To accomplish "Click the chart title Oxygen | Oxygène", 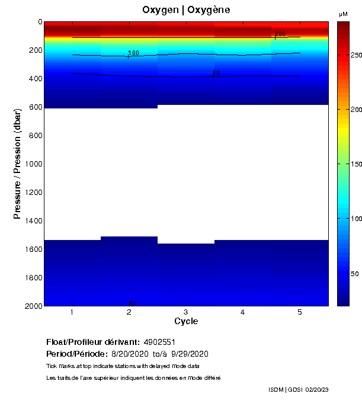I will click(x=186, y=10).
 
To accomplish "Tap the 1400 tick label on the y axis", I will click(x=34, y=220).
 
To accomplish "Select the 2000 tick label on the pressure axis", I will click(x=34, y=306).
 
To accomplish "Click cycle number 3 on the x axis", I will click(x=186, y=312).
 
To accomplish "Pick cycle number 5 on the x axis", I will click(x=300, y=312).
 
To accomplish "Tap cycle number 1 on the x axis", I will click(x=72, y=312).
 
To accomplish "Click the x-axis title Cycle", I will click(x=186, y=321).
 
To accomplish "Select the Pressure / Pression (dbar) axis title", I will click(x=18, y=164).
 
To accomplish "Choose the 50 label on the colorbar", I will click(x=354, y=274).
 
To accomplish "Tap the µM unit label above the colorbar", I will click(x=343, y=14).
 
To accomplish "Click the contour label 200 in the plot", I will click(x=280, y=34).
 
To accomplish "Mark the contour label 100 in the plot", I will click(x=133, y=53).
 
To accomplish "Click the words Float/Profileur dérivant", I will click(x=93, y=342).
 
